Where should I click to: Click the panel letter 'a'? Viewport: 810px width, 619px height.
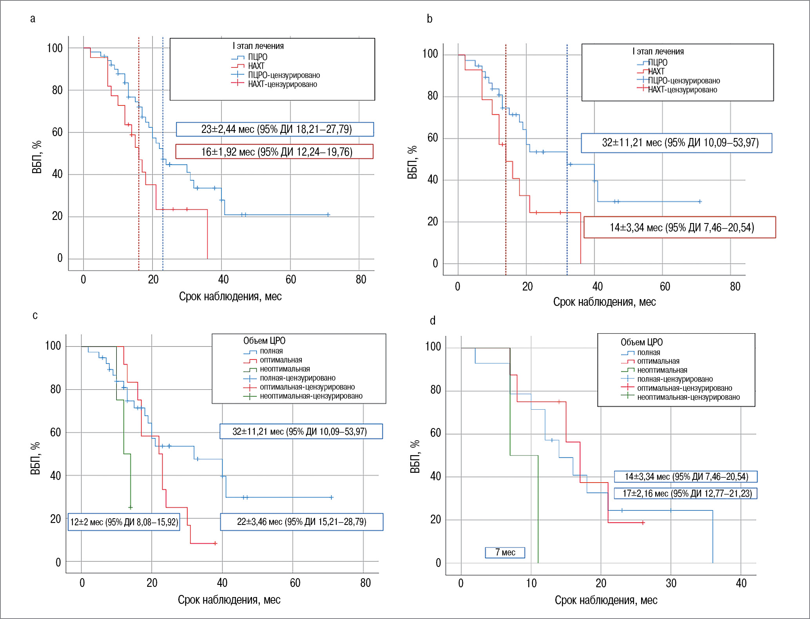tap(33, 19)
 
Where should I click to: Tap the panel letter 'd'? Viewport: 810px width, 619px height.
tap(433, 321)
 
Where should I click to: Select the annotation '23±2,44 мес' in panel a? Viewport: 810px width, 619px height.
tap(275, 129)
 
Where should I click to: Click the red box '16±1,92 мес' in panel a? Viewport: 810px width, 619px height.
tap(274, 152)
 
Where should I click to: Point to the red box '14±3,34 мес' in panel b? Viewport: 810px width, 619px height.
tap(680, 227)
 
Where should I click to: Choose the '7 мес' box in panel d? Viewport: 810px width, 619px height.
tap(505, 552)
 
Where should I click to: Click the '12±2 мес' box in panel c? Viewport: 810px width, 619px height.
tap(124, 522)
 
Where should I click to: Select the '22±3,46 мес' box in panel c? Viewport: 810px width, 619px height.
tap(301, 522)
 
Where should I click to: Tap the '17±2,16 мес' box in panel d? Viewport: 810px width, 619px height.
tap(685, 493)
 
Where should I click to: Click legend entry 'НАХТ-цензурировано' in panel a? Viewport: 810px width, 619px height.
tap(282, 84)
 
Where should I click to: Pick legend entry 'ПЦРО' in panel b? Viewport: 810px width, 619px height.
tap(657, 62)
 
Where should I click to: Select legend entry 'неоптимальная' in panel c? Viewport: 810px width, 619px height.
tap(284, 369)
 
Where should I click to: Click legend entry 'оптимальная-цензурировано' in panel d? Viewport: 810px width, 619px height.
tap(684, 388)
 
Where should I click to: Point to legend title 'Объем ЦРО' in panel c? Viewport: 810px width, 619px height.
tap(264, 341)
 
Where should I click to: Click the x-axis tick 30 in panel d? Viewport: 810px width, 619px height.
tap(671, 583)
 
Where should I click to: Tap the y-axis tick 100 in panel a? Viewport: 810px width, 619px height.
tap(54, 48)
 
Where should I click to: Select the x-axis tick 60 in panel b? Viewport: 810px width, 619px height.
tap(665, 287)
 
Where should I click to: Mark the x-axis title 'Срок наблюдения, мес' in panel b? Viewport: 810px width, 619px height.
tap(604, 302)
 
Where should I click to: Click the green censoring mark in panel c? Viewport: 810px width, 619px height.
tap(130, 508)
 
